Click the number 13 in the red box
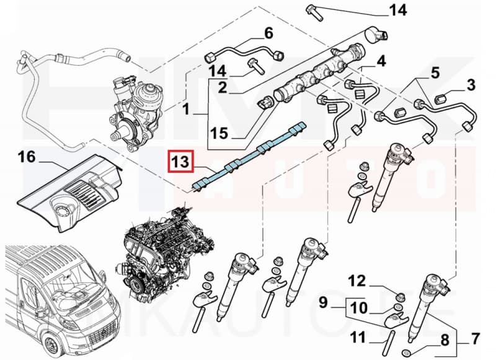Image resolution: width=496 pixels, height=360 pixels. tap(180, 163)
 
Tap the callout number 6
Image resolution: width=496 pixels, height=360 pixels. tap(268, 32)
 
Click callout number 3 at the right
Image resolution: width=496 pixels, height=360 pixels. tap(471, 84)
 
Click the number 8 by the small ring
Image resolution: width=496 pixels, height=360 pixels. tap(445, 339)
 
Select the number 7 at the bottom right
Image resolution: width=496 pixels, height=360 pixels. tap(475, 339)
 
